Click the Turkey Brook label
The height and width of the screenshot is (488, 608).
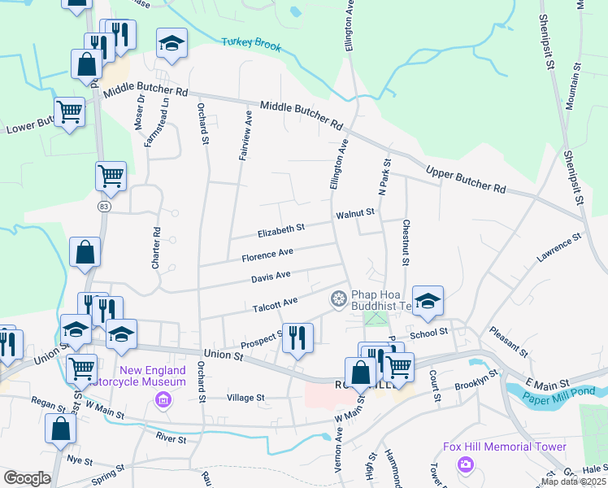[x=251, y=44]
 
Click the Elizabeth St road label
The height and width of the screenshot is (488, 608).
[x=280, y=231]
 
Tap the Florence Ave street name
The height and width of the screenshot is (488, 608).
[x=267, y=255]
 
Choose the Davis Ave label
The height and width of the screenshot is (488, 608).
[x=271, y=277]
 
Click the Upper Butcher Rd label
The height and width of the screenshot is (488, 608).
[x=465, y=178]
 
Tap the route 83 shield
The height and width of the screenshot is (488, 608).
[x=103, y=207]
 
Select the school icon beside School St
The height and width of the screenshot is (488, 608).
[x=428, y=300]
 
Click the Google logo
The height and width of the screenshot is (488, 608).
[x=27, y=478]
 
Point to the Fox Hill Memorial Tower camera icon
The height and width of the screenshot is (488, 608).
[x=465, y=464]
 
